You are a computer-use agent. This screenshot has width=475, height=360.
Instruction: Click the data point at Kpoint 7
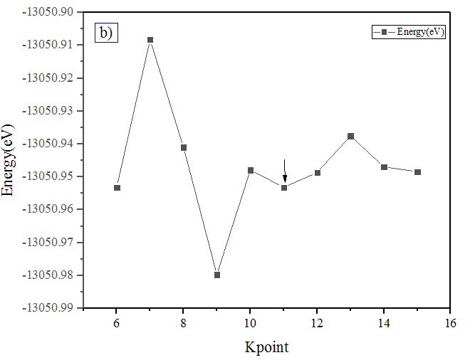click(150, 40)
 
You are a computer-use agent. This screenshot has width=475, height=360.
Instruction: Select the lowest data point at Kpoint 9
click(217, 275)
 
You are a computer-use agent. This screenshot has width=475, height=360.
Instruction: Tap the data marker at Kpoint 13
click(350, 136)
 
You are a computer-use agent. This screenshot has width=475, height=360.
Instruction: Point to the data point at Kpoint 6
click(117, 188)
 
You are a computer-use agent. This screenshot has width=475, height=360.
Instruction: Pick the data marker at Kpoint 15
click(417, 172)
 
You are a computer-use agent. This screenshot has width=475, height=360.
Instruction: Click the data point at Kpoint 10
click(251, 170)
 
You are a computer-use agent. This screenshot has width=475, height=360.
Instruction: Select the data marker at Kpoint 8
click(184, 147)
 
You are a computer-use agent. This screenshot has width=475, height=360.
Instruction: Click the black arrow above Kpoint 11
click(285, 171)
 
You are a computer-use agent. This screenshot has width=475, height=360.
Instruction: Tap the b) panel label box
click(105, 33)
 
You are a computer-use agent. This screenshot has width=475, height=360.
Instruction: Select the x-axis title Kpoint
click(267, 347)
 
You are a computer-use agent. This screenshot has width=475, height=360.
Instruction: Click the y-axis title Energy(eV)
click(9, 161)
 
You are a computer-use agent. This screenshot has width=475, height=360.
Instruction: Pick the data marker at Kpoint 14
click(384, 167)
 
